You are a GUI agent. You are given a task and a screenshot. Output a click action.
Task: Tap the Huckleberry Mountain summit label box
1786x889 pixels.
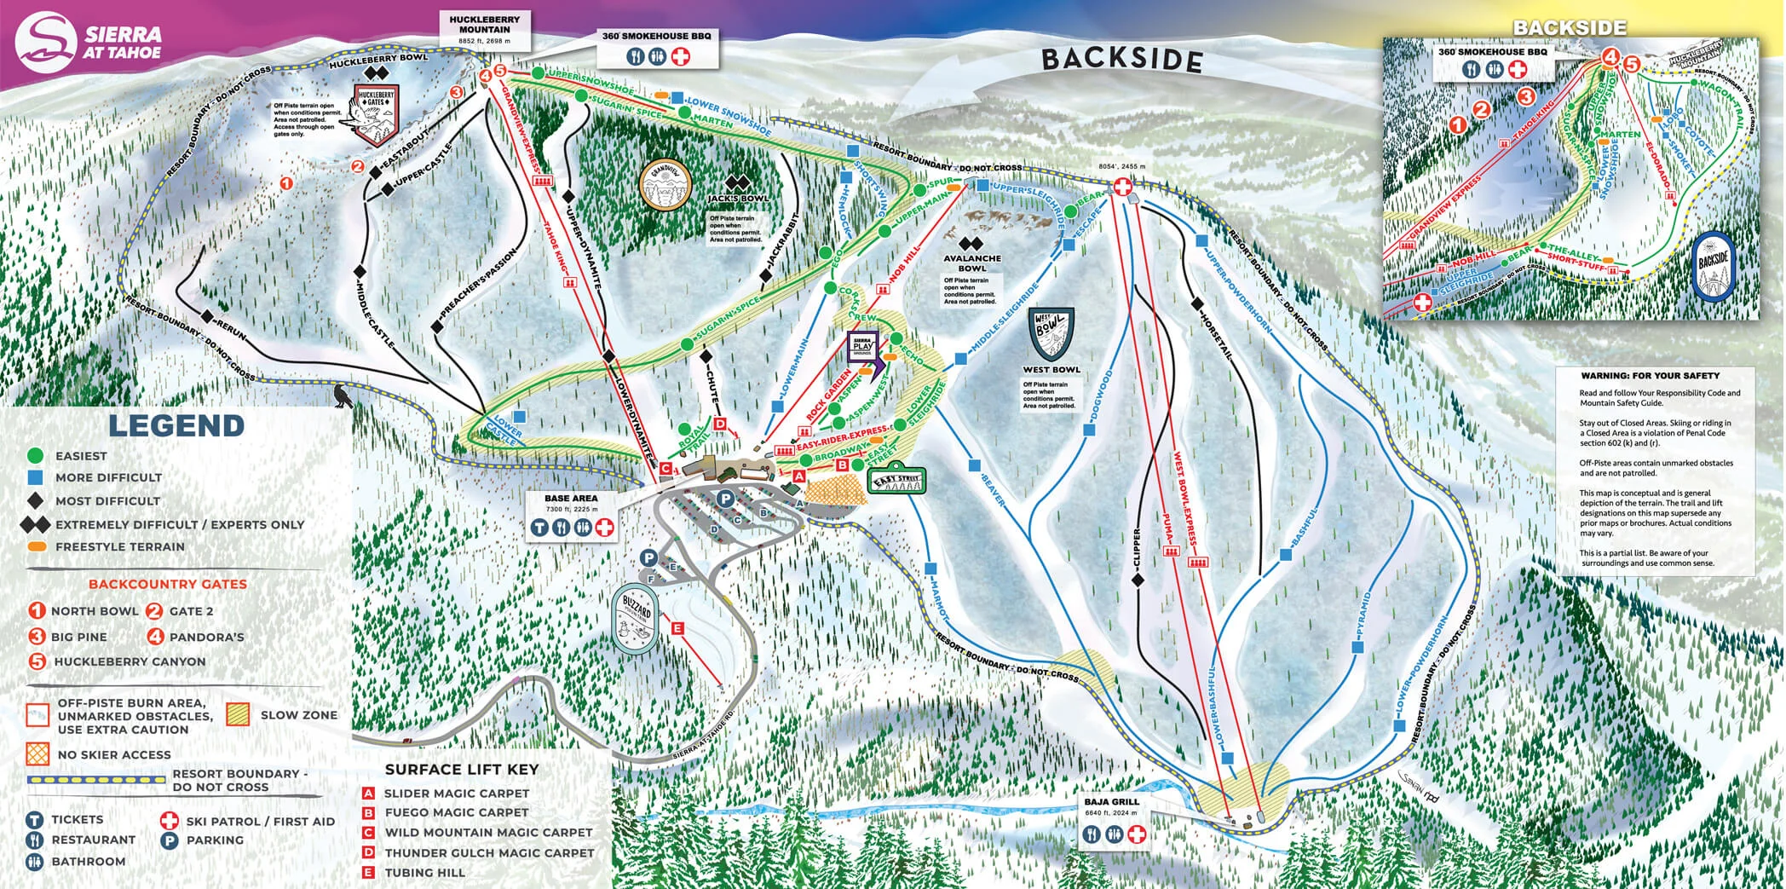click(484, 29)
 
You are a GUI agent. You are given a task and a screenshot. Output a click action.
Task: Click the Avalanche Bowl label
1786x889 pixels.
click(971, 263)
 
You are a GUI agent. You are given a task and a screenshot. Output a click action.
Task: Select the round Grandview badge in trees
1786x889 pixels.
click(664, 184)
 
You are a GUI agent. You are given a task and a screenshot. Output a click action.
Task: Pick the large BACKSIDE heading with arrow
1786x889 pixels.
click(1121, 59)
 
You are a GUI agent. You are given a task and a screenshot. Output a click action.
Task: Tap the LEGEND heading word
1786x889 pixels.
click(176, 425)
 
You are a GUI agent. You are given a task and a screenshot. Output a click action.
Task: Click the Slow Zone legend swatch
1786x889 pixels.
click(238, 714)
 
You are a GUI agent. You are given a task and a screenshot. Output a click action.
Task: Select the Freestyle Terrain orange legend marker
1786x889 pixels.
click(37, 546)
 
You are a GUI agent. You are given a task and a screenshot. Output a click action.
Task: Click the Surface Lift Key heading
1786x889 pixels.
click(461, 769)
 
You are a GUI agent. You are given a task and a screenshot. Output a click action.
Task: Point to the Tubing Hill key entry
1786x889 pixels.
click(424, 872)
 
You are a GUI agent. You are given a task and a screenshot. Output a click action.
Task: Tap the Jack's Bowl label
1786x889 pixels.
click(737, 198)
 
